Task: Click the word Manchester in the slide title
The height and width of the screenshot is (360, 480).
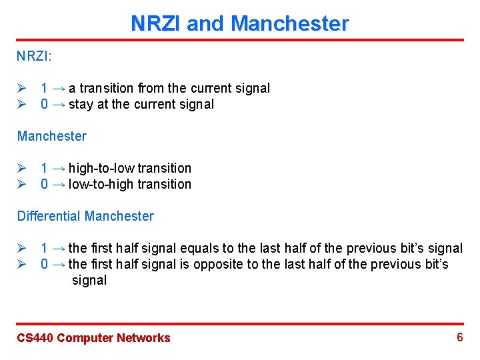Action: tap(289, 24)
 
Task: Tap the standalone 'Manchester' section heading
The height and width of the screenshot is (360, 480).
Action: tap(52, 136)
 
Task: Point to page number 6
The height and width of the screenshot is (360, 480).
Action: tap(459, 337)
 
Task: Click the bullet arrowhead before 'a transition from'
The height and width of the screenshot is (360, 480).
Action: tap(21, 88)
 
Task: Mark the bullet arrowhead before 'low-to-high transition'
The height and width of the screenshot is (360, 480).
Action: tap(21, 184)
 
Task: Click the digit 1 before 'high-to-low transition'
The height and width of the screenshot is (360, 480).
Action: tap(44, 168)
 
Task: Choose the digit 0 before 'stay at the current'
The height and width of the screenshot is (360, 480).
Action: tap(44, 104)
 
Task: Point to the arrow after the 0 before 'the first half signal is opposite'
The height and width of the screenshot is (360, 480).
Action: tap(58, 264)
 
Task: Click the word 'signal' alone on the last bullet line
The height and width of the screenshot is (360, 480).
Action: tap(89, 280)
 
